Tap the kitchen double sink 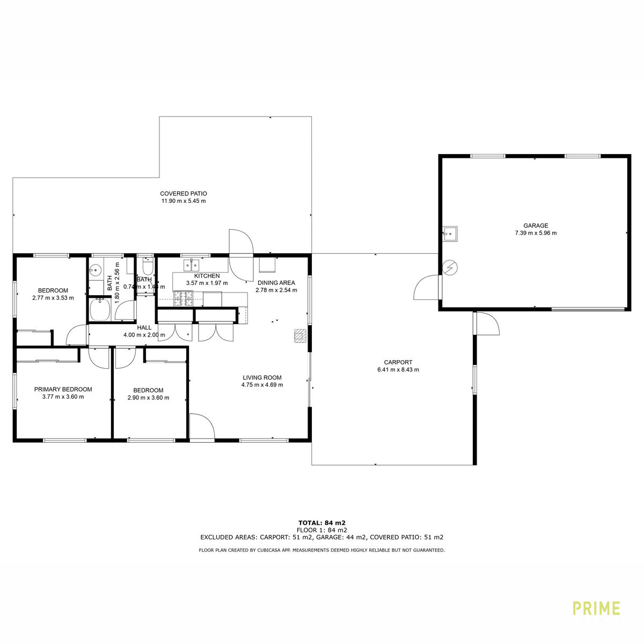pos(191,265)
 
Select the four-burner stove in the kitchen pos(183,299)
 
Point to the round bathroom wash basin pos(96,268)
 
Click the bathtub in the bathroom pos(100,310)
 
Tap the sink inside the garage pos(450,233)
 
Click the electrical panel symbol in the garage pos(450,267)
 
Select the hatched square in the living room pos(300,336)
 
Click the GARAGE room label pos(536,225)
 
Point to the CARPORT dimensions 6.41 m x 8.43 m pos(398,370)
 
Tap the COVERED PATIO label pos(184,194)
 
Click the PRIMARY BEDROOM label pos(63,389)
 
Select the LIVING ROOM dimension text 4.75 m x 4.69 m pos(262,385)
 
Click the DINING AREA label pos(276,283)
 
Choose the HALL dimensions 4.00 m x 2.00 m pos(144,335)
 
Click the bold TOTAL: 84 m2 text pos(322,523)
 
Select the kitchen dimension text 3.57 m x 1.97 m pos(207,283)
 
